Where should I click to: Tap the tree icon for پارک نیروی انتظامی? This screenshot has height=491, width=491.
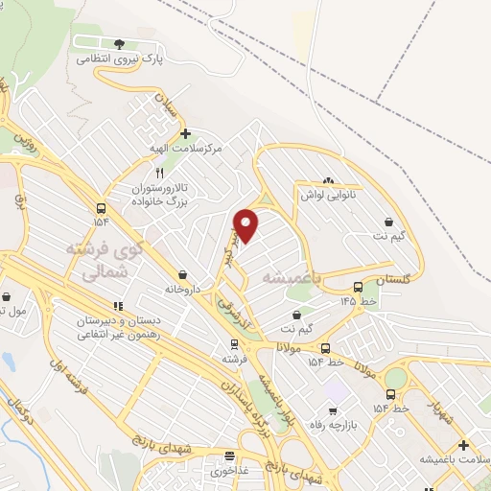point(119,44)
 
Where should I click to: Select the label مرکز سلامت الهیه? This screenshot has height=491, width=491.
point(186,149)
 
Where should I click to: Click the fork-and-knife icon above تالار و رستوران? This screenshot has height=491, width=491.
point(161,174)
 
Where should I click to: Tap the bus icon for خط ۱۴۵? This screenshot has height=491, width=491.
point(358,286)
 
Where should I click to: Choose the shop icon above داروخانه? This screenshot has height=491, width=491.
point(182,273)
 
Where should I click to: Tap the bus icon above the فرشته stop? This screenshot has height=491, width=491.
point(231,343)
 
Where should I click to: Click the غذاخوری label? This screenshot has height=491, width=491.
point(229,471)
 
